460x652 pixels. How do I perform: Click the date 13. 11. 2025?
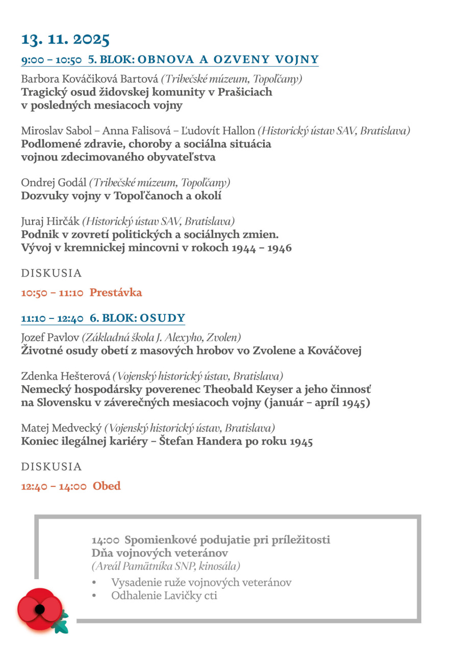(65, 39)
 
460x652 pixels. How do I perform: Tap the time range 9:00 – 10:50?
(51, 60)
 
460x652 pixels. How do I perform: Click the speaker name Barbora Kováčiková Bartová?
(90, 79)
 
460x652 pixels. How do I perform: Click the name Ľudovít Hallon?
(223, 131)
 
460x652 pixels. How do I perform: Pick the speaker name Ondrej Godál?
(54, 182)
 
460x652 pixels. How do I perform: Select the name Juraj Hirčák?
(50, 222)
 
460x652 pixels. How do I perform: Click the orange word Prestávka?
(116, 292)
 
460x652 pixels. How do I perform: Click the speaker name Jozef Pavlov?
(50, 338)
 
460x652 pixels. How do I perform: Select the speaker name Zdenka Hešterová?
(65, 377)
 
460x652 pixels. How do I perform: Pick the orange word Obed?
(107, 486)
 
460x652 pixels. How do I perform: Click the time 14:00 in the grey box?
(106, 540)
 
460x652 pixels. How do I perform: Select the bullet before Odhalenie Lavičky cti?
(94, 595)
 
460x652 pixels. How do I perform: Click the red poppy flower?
(39, 609)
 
